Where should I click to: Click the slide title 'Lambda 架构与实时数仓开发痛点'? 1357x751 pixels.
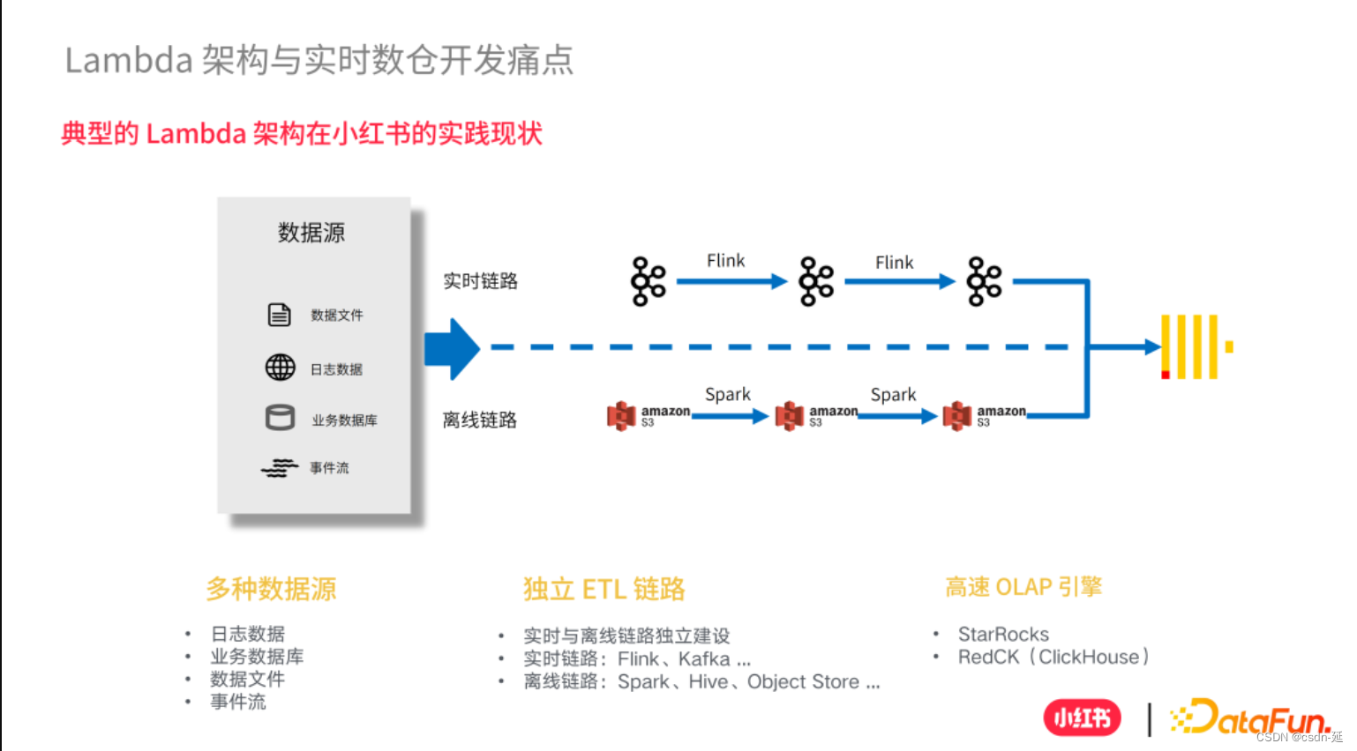tap(319, 60)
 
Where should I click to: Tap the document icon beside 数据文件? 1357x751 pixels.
tap(280, 315)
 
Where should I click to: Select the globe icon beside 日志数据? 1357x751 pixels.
tap(281, 367)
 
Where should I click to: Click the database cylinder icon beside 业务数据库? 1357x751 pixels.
tap(281, 418)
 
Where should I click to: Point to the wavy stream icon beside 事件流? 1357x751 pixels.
tap(280, 468)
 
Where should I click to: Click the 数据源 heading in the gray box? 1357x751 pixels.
tap(311, 233)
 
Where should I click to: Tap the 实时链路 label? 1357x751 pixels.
tap(480, 281)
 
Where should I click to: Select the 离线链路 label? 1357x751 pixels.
tap(480, 420)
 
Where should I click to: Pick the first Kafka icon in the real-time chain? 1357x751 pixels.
tap(649, 282)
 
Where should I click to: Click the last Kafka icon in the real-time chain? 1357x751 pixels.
tap(984, 282)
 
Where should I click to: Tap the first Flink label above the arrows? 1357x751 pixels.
tap(725, 261)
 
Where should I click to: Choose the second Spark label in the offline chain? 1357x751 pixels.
tap(893, 395)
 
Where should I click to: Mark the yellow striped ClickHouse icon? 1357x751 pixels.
tap(1194, 346)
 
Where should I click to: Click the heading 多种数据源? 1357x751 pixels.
tap(272, 589)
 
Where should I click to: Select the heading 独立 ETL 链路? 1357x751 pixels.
tap(604, 589)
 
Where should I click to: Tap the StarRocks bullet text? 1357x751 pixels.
tap(1003, 635)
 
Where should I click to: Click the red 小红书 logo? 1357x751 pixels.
tap(1082, 718)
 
